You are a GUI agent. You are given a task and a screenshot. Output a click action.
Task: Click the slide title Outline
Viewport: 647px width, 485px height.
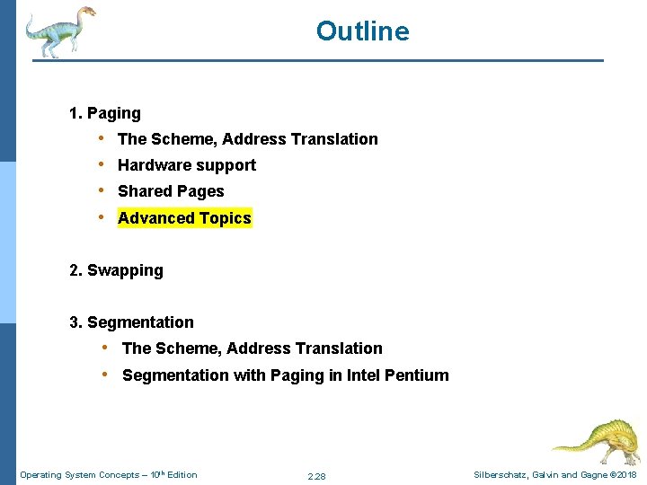pyautogui.click(x=362, y=31)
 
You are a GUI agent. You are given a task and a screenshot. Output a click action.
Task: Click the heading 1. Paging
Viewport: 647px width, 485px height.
pyautogui.click(x=105, y=113)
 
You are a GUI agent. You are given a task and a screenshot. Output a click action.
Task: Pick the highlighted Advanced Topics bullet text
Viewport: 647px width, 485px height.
pyautogui.click(x=184, y=218)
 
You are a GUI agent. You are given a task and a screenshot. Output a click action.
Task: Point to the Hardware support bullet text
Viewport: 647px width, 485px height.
pyautogui.click(x=187, y=165)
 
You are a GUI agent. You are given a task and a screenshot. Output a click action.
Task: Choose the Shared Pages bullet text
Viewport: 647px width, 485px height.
pyautogui.click(x=171, y=191)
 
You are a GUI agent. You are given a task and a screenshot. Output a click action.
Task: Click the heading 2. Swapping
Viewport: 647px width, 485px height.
pyautogui.click(x=116, y=270)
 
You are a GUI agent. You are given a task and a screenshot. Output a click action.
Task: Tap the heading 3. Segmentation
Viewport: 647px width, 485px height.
pyautogui.click(x=131, y=322)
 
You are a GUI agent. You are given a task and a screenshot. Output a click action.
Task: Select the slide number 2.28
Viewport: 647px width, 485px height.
pyautogui.click(x=316, y=476)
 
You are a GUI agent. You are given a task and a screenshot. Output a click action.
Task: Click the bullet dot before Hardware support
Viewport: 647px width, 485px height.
pyautogui.click(x=103, y=164)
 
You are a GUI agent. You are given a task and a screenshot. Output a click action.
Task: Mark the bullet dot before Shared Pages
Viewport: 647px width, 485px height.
pyautogui.click(x=103, y=190)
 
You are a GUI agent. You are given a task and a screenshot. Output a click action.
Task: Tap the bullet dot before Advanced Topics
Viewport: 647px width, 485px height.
pyautogui.click(x=103, y=217)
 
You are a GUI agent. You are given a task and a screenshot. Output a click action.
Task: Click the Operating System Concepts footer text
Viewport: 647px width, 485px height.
pyautogui.click(x=108, y=475)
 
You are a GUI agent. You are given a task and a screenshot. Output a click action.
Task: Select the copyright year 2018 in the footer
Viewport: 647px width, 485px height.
pyautogui.click(x=626, y=475)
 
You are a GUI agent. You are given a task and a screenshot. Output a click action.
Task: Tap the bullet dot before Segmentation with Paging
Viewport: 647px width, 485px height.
pyautogui.click(x=107, y=375)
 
